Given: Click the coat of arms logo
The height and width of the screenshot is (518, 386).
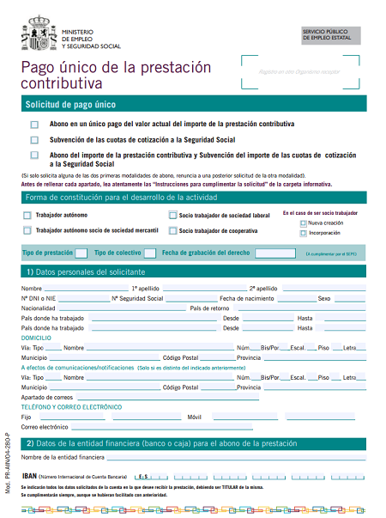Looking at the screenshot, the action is click(39, 32).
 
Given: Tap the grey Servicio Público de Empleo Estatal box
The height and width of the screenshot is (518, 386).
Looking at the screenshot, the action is click(329, 35).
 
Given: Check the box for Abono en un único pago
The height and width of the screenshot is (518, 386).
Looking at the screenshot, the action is click(34, 124).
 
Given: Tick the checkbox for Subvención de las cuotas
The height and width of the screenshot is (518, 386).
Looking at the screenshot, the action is click(34, 139).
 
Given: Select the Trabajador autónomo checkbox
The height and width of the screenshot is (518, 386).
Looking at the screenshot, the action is click(27, 215).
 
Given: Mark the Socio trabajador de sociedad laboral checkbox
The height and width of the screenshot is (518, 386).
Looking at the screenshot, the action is click(172, 215).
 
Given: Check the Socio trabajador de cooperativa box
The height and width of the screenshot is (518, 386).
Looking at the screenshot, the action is click(172, 230).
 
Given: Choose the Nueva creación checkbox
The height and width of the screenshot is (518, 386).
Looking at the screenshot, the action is click(303, 222).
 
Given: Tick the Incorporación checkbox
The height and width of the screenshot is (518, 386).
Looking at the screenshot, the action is click(303, 232).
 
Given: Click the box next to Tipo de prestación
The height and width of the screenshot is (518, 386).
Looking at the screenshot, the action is click(81, 253).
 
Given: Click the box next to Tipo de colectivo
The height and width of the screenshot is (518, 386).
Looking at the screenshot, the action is click(149, 253).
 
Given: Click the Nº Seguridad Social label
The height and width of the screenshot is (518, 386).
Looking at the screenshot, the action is click(138, 298).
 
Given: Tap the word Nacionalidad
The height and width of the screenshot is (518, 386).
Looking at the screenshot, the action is click(39, 308).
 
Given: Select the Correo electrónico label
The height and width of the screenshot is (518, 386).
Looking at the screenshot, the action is click(44, 426).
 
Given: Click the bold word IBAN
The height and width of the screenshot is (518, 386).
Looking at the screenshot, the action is click(29, 475).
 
